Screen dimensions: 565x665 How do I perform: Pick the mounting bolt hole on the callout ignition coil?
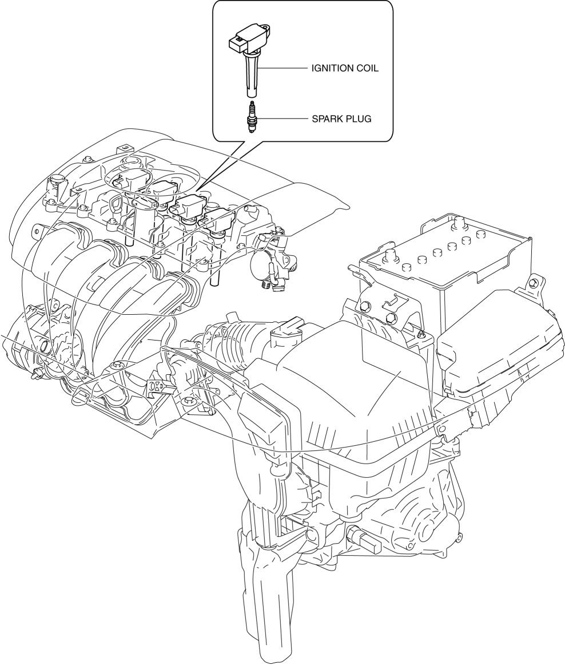[x=266, y=29]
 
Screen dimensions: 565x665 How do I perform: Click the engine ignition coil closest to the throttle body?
[x=217, y=220]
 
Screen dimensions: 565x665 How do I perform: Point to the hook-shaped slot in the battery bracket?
[x=391, y=303]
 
